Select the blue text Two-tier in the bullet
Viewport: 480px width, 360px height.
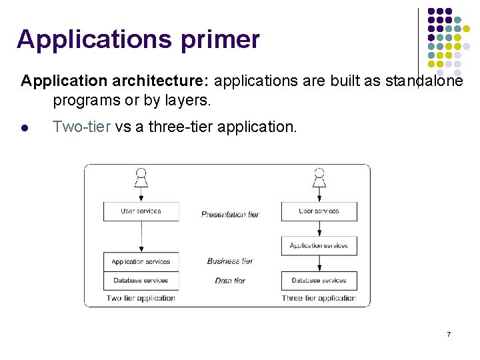tap(81, 127)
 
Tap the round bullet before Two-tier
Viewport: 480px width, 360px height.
tap(24, 127)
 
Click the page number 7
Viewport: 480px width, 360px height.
tap(449, 333)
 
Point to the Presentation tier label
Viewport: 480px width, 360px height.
tap(230, 214)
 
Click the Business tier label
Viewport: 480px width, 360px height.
tap(230, 261)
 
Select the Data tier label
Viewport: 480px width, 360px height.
tap(230, 281)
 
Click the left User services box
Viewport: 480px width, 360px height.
tap(141, 211)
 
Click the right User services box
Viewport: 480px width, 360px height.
tap(319, 211)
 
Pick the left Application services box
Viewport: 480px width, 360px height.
tap(141, 262)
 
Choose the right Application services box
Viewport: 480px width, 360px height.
tap(319, 246)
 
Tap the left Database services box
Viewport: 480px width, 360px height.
tap(141, 280)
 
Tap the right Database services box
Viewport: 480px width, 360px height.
tap(319, 281)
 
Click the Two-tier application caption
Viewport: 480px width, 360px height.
tap(141, 298)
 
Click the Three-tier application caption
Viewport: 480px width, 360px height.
tap(319, 298)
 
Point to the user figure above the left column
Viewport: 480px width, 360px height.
tap(141, 177)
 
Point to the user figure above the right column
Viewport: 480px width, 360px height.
tap(319, 177)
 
